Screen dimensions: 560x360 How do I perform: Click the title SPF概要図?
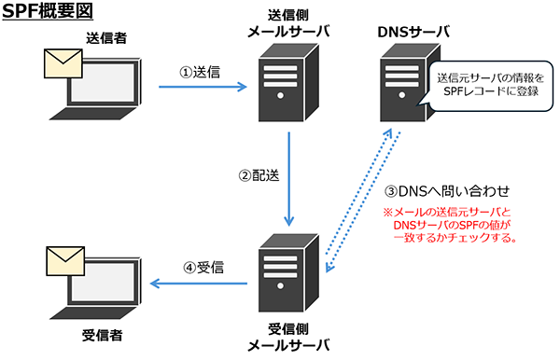click(48, 10)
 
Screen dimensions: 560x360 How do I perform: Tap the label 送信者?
click(106, 38)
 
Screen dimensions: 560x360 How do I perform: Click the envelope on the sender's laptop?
click(63, 63)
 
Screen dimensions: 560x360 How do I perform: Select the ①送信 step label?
click(200, 72)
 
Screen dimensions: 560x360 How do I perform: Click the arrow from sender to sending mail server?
click(203, 87)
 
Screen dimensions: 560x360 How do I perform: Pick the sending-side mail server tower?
click(288, 83)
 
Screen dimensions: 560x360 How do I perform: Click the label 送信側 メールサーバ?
click(288, 23)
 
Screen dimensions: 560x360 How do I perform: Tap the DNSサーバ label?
click(413, 32)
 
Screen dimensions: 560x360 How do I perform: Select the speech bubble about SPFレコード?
click(491, 86)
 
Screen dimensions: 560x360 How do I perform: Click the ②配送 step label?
click(259, 175)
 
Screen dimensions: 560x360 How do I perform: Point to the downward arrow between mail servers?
click(289, 179)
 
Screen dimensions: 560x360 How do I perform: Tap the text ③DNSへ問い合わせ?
click(447, 191)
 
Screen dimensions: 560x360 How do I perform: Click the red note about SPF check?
click(450, 225)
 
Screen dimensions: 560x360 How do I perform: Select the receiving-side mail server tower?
click(288, 273)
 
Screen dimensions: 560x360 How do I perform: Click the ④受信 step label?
click(203, 268)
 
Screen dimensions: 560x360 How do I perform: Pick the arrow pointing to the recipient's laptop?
click(199, 284)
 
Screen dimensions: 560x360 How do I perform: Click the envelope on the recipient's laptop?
click(65, 261)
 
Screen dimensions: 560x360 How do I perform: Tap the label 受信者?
click(103, 336)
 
